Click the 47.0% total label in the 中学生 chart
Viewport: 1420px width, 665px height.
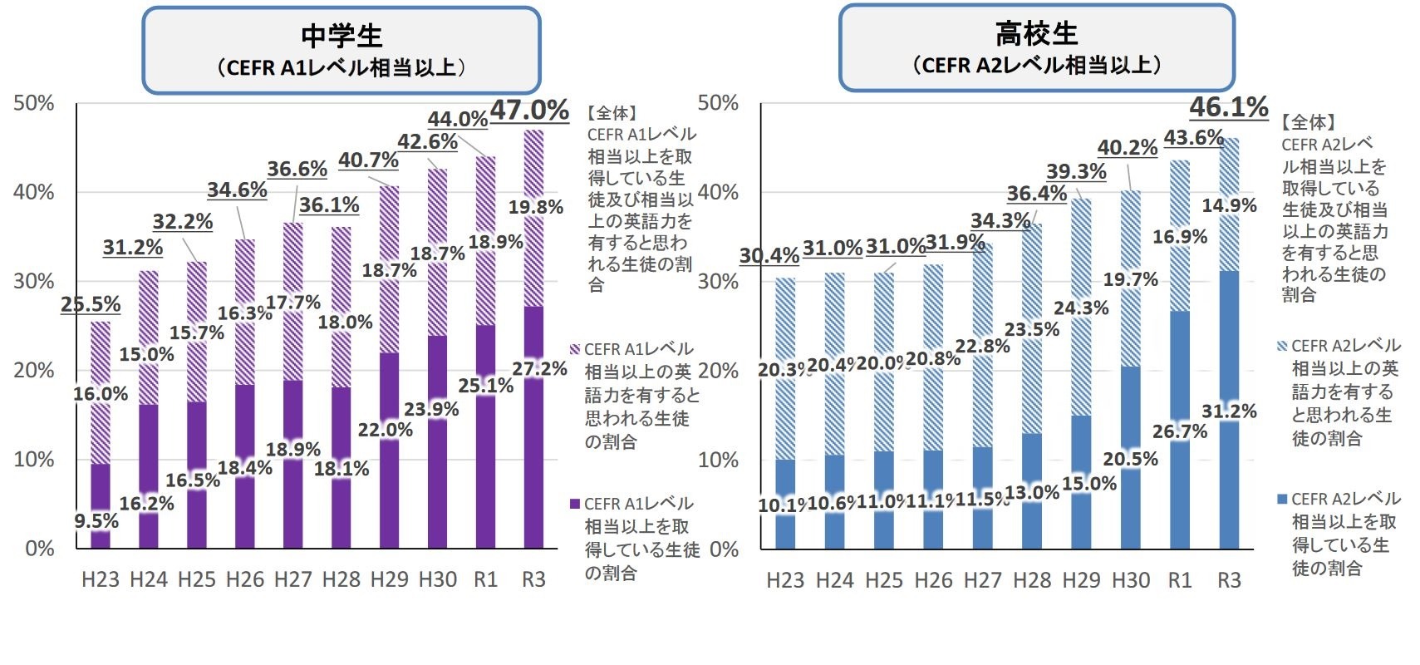[x=529, y=110]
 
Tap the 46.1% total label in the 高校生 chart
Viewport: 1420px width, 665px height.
[x=1229, y=107]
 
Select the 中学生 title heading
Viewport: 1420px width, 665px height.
[x=341, y=36]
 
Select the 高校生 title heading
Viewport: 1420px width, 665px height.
[x=1036, y=34]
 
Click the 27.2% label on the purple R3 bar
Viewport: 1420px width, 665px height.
[x=539, y=368]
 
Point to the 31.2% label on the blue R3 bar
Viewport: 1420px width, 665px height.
[x=1229, y=411]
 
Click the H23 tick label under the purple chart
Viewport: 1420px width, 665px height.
[x=101, y=579]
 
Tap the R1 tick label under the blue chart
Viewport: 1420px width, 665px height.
[x=1180, y=580]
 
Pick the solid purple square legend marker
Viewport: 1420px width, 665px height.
[x=574, y=504]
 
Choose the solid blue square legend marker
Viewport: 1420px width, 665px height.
[x=1281, y=499]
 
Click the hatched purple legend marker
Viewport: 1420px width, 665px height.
[x=574, y=349]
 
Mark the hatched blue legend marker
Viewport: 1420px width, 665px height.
[x=1281, y=346]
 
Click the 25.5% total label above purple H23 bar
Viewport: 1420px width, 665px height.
[x=91, y=304]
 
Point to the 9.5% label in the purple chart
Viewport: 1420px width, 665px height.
[x=96, y=521]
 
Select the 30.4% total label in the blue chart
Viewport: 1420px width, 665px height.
[x=769, y=255]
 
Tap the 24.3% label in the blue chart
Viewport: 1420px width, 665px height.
[x=1081, y=308]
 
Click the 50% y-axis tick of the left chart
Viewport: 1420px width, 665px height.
[x=34, y=103]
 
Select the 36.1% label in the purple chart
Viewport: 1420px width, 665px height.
[x=329, y=204]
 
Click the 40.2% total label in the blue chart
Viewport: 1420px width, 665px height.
[x=1128, y=147]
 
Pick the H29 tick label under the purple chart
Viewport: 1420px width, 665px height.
[x=389, y=579]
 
